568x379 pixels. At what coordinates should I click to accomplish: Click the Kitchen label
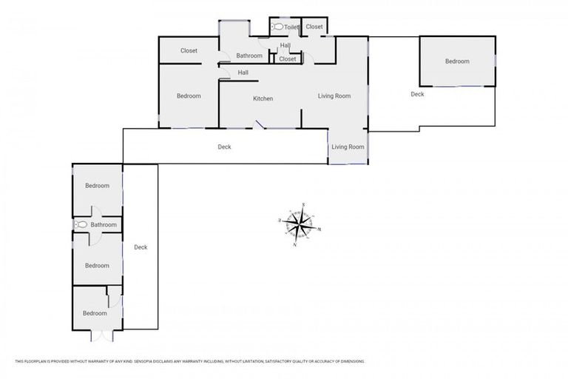pyautogui.click(x=263, y=98)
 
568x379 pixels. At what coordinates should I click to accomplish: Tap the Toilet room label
pyautogui.click(x=291, y=27)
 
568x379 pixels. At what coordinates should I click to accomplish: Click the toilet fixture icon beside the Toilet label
pyautogui.click(x=277, y=27)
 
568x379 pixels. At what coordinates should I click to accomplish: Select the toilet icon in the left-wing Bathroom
pyautogui.click(x=81, y=224)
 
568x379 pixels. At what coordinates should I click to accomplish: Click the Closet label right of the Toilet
pyautogui.click(x=314, y=27)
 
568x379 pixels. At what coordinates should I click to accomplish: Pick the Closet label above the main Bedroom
pyautogui.click(x=189, y=51)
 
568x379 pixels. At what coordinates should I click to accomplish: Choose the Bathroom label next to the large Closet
pyautogui.click(x=249, y=56)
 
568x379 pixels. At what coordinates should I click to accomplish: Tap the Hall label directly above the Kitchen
pyautogui.click(x=243, y=73)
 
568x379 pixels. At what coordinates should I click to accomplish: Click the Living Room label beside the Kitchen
pyautogui.click(x=334, y=95)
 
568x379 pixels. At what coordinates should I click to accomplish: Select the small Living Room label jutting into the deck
pyautogui.click(x=348, y=147)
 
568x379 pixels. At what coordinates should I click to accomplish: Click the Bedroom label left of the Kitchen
pyautogui.click(x=189, y=95)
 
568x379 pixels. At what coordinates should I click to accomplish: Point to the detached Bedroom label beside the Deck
pyautogui.click(x=456, y=61)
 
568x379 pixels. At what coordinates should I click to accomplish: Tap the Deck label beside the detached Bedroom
pyautogui.click(x=417, y=94)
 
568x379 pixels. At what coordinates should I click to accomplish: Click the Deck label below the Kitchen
pyautogui.click(x=224, y=147)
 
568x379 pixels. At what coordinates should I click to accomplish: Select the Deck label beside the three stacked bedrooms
pyautogui.click(x=141, y=247)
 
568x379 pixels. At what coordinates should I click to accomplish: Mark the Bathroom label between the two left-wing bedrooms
pyautogui.click(x=104, y=224)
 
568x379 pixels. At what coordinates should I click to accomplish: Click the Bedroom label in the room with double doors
pyautogui.click(x=95, y=313)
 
